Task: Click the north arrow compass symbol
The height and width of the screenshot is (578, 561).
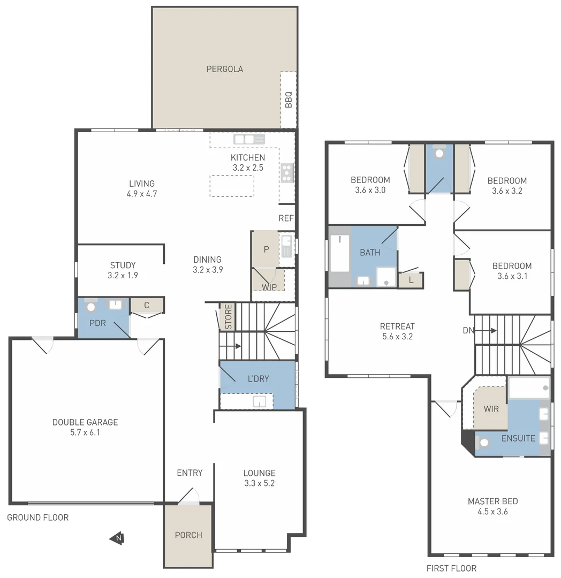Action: pos(117,538)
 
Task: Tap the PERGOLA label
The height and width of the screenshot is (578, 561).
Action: pos(225,69)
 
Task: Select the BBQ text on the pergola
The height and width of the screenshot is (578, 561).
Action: pos(289,100)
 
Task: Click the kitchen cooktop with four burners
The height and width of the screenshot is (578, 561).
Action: pos(287,172)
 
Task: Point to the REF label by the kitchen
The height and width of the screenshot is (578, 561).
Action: pos(286,218)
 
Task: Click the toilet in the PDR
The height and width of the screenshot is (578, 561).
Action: pos(91,307)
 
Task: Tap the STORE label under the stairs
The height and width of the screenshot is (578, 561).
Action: pos(228,317)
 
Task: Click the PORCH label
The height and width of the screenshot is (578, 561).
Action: pos(188,535)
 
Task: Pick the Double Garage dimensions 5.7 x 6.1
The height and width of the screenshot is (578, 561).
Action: pos(85,432)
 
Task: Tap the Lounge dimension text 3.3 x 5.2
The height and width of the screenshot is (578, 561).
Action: pos(259,483)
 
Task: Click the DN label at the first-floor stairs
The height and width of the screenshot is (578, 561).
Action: pos(468,331)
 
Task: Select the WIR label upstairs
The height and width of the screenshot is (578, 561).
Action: pos(491,409)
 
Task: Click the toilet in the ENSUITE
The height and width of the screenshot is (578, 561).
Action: pos(485,442)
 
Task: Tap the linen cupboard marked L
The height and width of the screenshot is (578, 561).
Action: pos(411,280)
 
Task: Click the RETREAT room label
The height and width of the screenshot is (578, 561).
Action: pos(397,326)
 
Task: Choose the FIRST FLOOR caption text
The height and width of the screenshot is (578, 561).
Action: pos(451,568)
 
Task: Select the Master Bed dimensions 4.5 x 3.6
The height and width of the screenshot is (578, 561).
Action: pos(492,512)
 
